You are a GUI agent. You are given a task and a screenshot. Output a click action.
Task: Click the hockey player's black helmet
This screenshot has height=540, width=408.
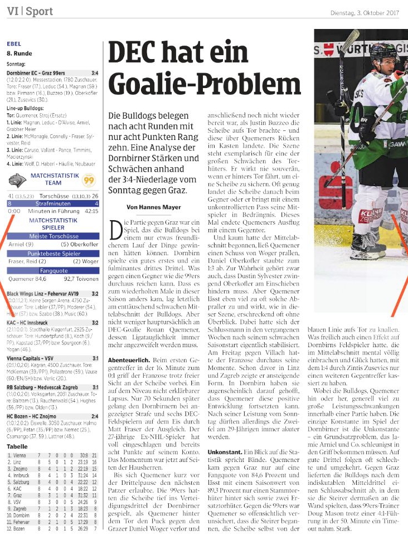click(x=384, y=53)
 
